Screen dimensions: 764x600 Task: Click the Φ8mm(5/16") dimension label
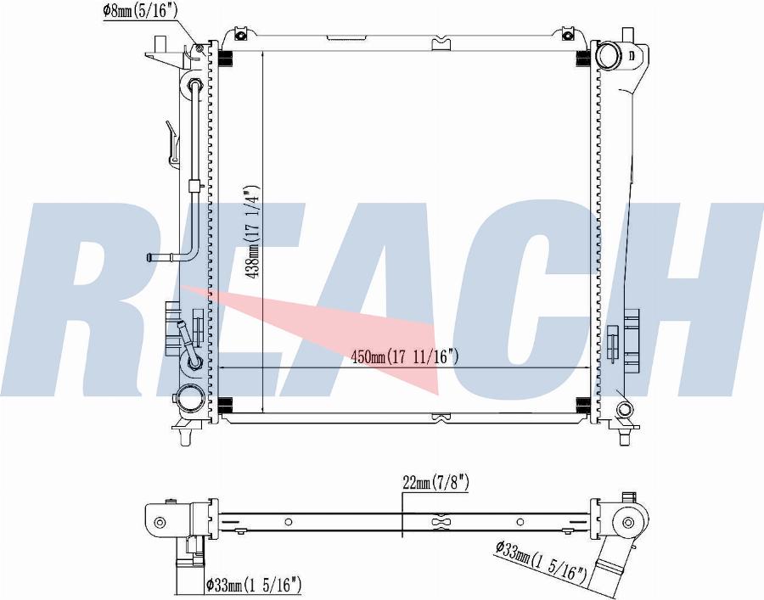(140, 11)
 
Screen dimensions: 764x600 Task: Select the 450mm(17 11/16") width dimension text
(405, 357)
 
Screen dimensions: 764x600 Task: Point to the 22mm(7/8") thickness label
(436, 483)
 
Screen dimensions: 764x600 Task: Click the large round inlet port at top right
(609, 55)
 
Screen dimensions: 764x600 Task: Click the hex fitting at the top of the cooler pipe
(195, 83)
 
